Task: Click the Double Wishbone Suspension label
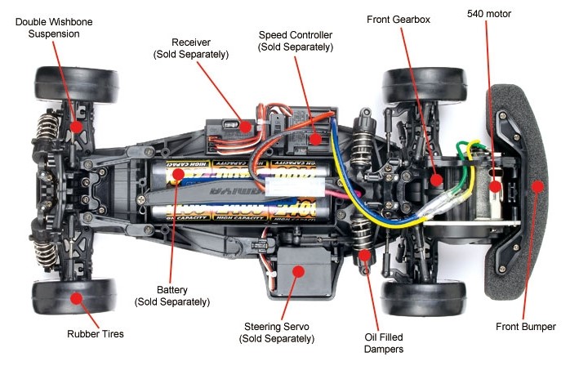coord(47,28)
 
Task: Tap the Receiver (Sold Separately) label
coord(191,48)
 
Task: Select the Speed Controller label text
coord(296,41)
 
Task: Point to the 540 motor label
coord(489,15)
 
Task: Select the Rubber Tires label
coord(95,333)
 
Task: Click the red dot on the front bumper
coord(537,186)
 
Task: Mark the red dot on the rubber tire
coord(76,298)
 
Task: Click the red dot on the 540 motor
coord(495,187)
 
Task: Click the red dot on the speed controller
coord(314,139)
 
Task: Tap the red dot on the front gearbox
coord(436,178)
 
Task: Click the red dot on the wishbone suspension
coord(76,127)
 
